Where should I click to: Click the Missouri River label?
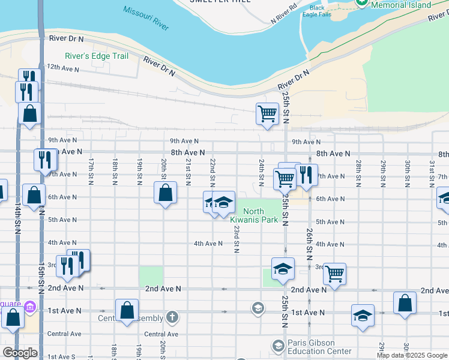pyautogui.click(x=146, y=18)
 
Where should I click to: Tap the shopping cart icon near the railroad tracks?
pyautogui.click(x=267, y=113)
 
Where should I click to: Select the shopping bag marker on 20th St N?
pyautogui.click(x=166, y=193)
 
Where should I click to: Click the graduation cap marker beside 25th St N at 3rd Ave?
pyautogui.click(x=283, y=269)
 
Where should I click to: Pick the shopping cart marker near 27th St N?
pyautogui.click(x=334, y=274)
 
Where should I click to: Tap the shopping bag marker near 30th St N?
pyautogui.click(x=405, y=302)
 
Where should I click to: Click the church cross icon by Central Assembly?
pyautogui.click(x=172, y=317)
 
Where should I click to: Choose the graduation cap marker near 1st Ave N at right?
pyautogui.click(x=363, y=314)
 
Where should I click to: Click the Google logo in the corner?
pyautogui.click(x=20, y=352)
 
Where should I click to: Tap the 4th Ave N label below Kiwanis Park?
pyautogui.click(x=208, y=243)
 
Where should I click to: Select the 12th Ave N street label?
pyautogui.click(x=64, y=69)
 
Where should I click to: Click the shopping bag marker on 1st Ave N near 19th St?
pyautogui.click(x=127, y=310)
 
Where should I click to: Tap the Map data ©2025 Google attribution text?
pyautogui.click(x=412, y=355)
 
